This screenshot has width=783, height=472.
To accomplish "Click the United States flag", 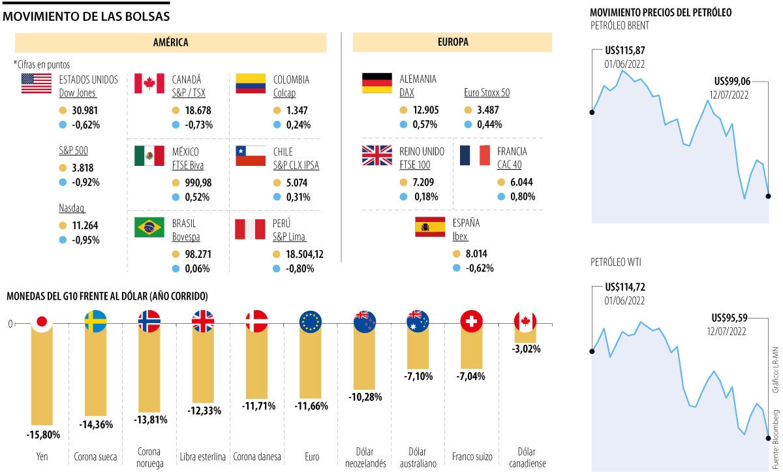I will pyautogui.click(x=36, y=84).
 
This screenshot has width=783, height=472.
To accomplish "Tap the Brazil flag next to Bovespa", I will pyautogui.click(x=149, y=227).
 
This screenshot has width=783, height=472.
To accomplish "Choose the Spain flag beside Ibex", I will pyautogui.click(x=430, y=227).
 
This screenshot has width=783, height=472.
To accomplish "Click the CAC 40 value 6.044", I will pyautogui.click(x=520, y=182).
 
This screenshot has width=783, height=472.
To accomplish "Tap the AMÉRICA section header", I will pyautogui.click(x=170, y=42).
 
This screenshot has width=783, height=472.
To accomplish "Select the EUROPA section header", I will pyautogui.click(x=452, y=42).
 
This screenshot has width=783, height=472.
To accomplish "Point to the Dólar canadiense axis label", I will pyautogui.click(x=525, y=458).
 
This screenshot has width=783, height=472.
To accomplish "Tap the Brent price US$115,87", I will pyautogui.click(x=625, y=50).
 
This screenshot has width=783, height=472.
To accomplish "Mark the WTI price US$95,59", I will pyautogui.click(x=731, y=318).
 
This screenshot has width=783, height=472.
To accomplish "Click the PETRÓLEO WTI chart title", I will pyautogui.click(x=616, y=262).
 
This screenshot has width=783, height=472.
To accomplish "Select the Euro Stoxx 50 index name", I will pyautogui.click(x=486, y=93).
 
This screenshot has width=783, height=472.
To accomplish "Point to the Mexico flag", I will pyautogui.click(x=149, y=155).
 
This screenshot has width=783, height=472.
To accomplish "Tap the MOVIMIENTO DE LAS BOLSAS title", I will pyautogui.click(x=86, y=16).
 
